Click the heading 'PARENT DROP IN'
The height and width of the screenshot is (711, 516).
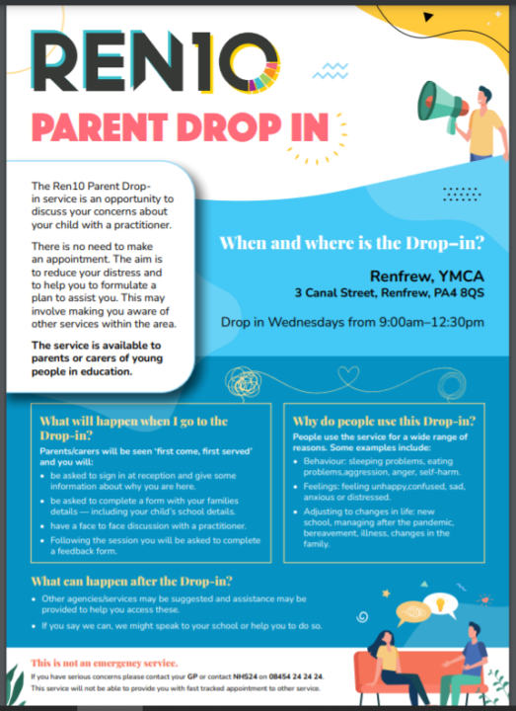pyautogui.click(x=180, y=127)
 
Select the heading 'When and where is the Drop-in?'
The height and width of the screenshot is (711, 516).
pyautogui.click(x=350, y=242)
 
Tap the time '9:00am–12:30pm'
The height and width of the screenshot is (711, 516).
pyautogui.click(x=433, y=322)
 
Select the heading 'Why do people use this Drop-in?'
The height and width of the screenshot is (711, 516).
pyautogui.click(x=379, y=422)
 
